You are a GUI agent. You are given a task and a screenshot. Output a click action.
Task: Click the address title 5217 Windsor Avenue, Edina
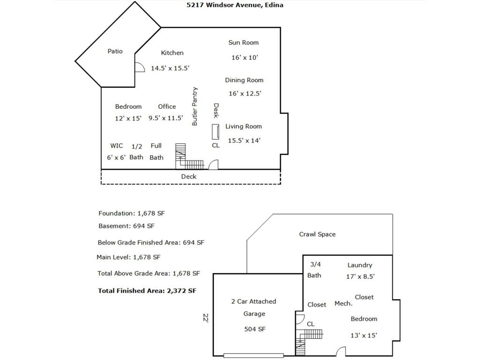point(235,5)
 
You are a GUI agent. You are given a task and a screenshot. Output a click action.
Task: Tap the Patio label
point(115,51)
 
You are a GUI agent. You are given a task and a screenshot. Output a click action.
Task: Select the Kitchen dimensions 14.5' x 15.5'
point(170,68)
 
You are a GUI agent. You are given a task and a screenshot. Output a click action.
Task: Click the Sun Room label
point(243,43)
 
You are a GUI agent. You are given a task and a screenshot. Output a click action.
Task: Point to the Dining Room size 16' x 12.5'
point(245,93)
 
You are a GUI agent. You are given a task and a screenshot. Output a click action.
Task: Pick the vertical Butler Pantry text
point(195,106)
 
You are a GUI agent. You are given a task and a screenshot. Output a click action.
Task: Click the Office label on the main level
point(167,106)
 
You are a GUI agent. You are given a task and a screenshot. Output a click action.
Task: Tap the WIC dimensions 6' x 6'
point(116,157)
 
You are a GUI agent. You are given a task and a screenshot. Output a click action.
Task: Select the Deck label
point(189,176)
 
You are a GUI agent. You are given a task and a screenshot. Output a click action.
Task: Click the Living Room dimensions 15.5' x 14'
point(244,141)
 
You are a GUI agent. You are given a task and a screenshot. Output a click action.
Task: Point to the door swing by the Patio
point(140,67)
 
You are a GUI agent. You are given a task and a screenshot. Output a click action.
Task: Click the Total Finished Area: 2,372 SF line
point(147,291)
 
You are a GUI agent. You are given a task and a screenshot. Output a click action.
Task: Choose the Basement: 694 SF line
point(127,226)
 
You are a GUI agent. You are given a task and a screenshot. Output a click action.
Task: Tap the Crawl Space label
point(317,234)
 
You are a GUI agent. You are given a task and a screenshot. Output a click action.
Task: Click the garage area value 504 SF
point(255,329)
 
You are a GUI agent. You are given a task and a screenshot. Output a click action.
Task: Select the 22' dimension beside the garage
point(206,318)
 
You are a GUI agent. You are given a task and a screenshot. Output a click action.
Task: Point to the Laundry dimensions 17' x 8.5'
point(360,277)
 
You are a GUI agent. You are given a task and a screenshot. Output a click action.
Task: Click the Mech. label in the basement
point(344,303)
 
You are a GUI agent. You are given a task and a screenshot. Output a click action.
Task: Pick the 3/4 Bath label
point(315,270)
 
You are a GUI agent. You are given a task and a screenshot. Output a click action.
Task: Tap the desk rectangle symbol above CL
point(216,132)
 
